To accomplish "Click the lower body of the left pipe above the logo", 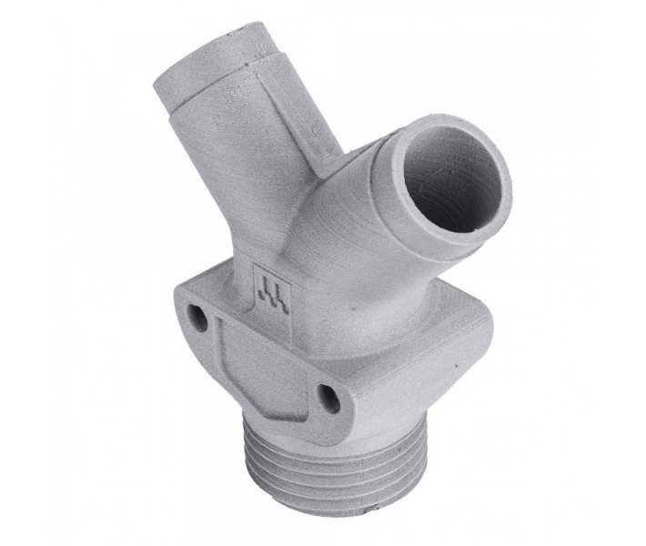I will point(259,218).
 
